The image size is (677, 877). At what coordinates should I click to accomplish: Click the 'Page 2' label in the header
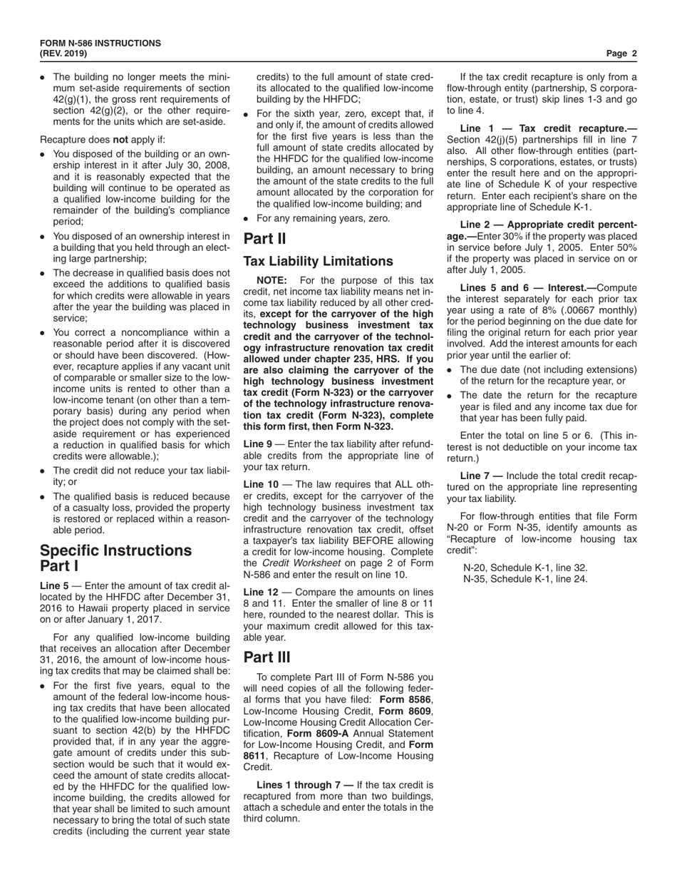coord(621,53)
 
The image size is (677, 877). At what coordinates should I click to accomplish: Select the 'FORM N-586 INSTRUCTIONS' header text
coord(100,43)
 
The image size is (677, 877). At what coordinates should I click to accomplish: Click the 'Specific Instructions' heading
coord(115,550)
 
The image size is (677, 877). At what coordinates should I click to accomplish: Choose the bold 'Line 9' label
coord(258,444)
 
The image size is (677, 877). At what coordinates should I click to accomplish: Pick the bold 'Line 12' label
coord(260,593)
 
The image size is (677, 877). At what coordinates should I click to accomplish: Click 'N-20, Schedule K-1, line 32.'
coord(525,568)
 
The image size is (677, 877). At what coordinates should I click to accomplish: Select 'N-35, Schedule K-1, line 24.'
coord(525,579)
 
